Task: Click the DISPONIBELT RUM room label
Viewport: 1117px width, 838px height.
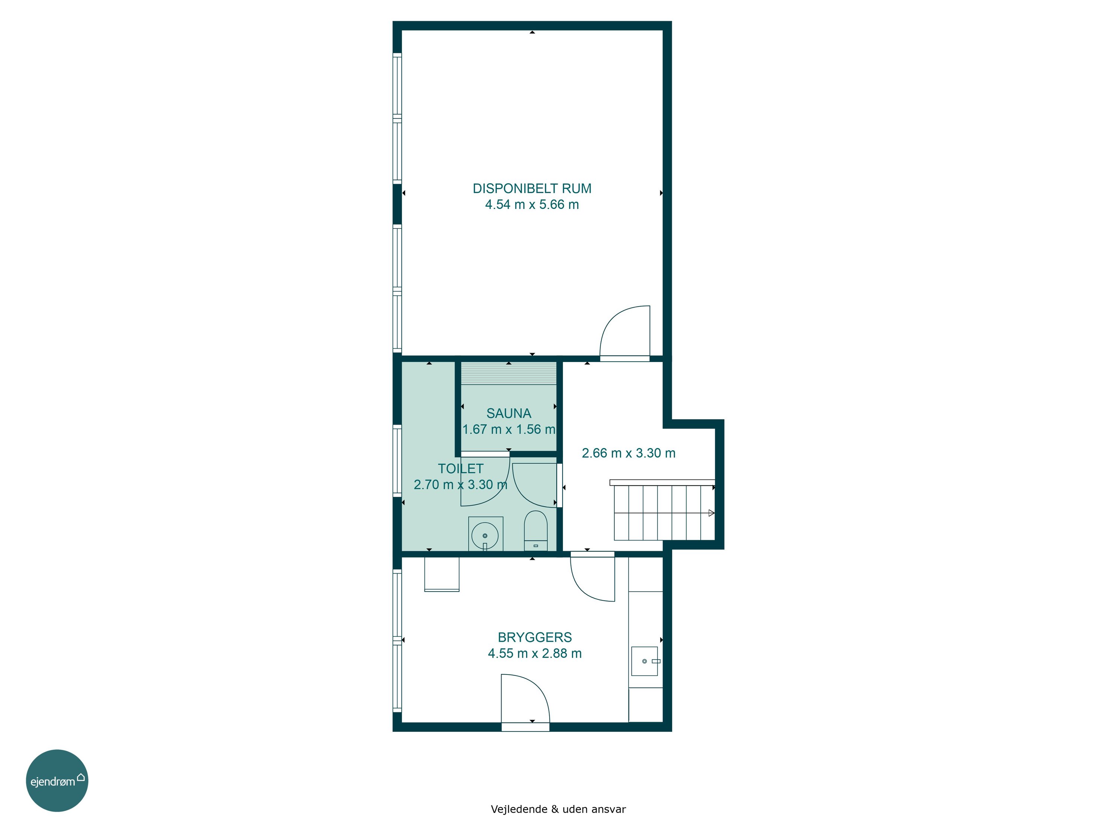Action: click(x=532, y=188)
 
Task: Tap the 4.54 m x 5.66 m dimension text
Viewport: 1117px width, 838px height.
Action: click(x=532, y=204)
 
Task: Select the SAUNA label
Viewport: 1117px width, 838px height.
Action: click(x=509, y=413)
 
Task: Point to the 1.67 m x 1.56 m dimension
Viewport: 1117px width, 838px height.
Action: click(x=509, y=429)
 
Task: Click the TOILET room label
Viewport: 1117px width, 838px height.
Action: click(x=461, y=469)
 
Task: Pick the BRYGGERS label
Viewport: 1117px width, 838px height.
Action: click(x=535, y=638)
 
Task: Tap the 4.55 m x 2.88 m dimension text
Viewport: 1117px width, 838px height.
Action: click(x=535, y=654)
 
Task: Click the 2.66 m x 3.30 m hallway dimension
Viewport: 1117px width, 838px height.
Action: click(x=629, y=453)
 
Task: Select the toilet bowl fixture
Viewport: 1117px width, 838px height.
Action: click(x=536, y=530)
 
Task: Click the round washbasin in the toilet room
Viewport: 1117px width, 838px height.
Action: click(x=485, y=536)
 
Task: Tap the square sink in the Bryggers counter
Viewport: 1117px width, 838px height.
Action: click(x=645, y=661)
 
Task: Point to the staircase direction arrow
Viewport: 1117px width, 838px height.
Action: click(x=712, y=513)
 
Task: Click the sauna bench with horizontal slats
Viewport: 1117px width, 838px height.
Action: click(x=509, y=373)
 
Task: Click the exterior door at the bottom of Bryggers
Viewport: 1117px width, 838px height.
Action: click(x=525, y=702)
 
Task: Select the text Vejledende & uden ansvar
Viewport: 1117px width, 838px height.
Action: click(x=558, y=809)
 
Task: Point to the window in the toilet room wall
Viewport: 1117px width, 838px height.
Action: click(x=397, y=461)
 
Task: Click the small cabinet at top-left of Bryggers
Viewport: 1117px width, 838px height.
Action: click(x=442, y=574)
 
